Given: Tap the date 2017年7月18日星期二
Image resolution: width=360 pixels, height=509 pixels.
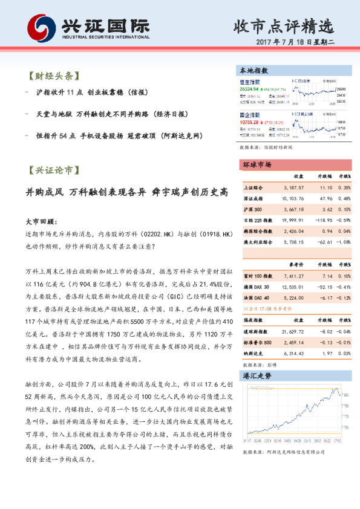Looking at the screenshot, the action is coord(295,43).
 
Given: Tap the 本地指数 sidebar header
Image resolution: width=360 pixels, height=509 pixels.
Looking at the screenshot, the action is coord(254,71).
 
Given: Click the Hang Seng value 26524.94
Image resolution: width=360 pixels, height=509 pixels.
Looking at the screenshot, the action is coord(249,88).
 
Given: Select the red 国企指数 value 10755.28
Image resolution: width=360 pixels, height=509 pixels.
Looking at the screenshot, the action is coord(249,122).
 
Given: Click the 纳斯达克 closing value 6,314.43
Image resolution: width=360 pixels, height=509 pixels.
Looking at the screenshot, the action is coord(293,353).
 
